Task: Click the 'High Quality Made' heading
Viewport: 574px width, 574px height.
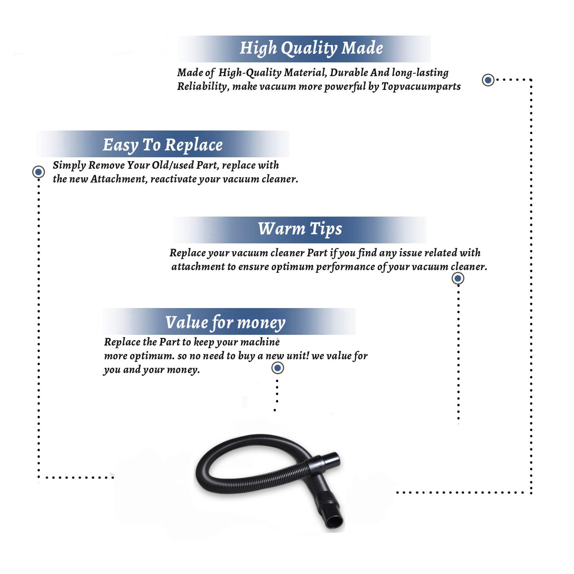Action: pos(311,49)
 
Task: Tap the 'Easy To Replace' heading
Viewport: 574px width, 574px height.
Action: pos(163,145)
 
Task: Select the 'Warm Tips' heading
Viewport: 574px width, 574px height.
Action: pos(300,229)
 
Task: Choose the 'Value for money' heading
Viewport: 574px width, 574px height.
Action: pos(225,322)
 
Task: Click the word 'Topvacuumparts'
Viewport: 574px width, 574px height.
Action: pos(421,86)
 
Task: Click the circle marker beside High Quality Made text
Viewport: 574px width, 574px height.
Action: pos(488,80)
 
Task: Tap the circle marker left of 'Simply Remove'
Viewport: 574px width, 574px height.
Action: pos(38,172)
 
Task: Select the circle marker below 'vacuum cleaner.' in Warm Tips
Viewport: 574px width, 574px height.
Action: pos(458,278)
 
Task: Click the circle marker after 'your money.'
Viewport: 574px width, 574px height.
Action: pos(277,368)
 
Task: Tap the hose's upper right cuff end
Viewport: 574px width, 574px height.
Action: pos(334,460)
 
